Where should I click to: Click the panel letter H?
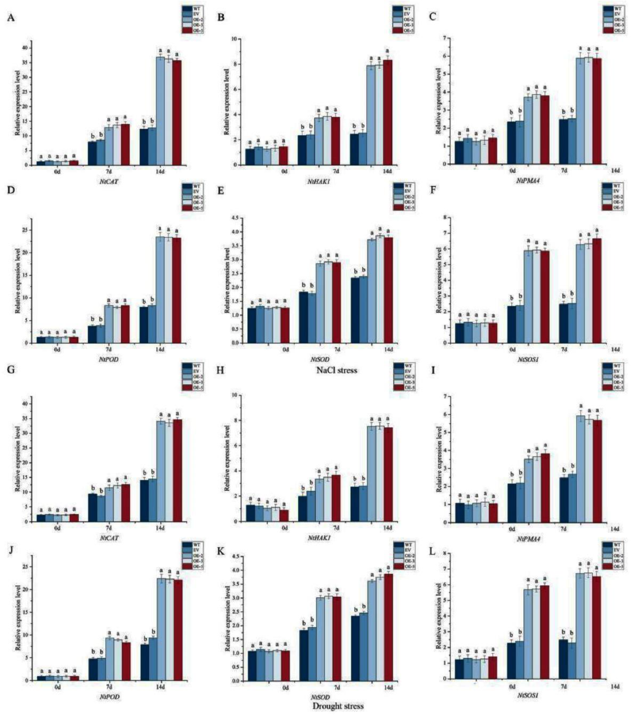(221, 370)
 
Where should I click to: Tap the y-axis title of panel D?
(17, 281)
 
